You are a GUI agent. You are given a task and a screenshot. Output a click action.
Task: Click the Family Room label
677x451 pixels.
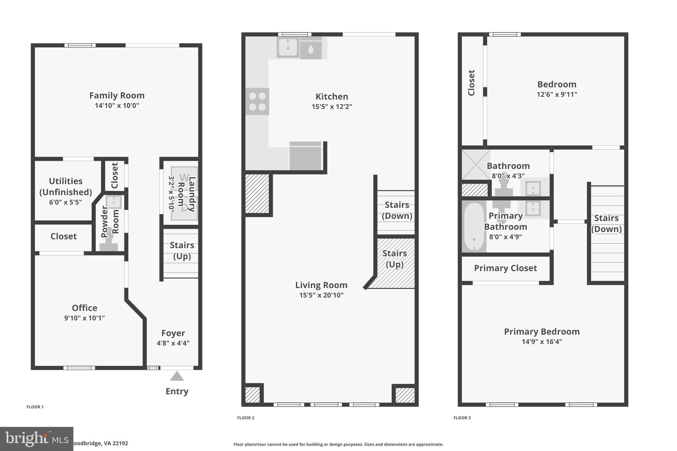click(x=117, y=95)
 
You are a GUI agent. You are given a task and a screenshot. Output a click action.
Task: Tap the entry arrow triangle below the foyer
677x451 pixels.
click(x=177, y=376)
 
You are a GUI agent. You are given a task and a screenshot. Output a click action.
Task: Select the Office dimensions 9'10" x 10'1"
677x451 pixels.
click(x=84, y=318)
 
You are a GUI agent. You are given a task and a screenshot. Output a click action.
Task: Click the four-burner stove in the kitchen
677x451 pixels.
click(x=257, y=101)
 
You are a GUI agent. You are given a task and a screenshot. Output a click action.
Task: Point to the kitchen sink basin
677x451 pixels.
click(x=288, y=48)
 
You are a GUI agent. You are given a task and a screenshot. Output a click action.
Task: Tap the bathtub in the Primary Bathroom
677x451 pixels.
click(x=474, y=227)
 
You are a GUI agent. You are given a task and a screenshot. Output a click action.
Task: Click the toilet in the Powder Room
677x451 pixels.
click(x=108, y=244)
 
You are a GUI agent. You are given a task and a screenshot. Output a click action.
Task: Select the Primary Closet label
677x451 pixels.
click(x=505, y=268)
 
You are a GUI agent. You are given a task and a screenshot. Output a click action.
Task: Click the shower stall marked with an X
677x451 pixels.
click(x=476, y=165)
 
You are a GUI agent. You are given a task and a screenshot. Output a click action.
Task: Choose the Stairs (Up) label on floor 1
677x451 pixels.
click(x=182, y=250)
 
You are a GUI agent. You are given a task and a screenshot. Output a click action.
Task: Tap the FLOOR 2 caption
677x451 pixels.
click(x=246, y=418)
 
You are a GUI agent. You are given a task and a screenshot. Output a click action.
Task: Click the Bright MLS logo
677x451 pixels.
click(x=36, y=439)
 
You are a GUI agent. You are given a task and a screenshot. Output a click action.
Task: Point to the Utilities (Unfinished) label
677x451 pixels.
click(x=65, y=186)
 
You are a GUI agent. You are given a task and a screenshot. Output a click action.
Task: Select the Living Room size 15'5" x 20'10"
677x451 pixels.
click(x=321, y=295)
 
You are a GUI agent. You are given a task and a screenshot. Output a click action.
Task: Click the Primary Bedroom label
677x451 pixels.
click(x=541, y=331)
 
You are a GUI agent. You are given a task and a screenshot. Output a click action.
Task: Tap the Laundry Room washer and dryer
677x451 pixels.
click(x=184, y=194)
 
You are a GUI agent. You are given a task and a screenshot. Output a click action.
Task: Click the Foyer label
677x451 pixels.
click(x=173, y=333)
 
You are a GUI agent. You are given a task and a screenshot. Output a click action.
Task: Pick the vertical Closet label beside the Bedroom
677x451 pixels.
click(x=471, y=83)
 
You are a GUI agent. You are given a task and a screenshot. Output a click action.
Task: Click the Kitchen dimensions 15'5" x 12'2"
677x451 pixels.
click(x=332, y=107)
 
